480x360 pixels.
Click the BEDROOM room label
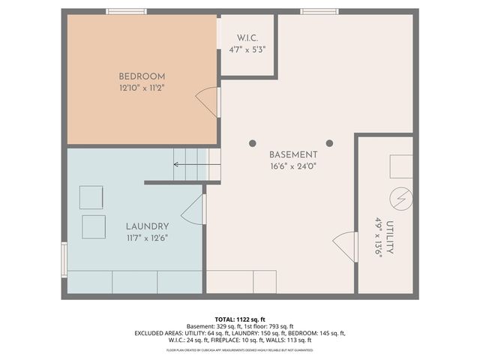click(x=142, y=76)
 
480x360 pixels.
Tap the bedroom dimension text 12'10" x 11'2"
click(x=142, y=88)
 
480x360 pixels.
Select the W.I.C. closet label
click(x=247, y=37)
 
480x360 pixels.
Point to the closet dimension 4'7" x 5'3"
click(x=247, y=49)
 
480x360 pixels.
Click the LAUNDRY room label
click(x=147, y=226)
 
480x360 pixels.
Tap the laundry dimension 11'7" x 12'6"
click(x=147, y=238)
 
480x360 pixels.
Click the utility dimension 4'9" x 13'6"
click(x=379, y=238)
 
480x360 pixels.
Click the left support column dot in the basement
click(x=253, y=143)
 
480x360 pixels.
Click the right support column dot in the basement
click(x=329, y=143)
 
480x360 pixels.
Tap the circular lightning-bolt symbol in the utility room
click(x=400, y=199)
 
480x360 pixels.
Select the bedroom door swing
click(x=208, y=102)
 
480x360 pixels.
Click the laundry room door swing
click(x=193, y=209)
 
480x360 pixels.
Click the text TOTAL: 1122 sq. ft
click(x=240, y=318)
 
